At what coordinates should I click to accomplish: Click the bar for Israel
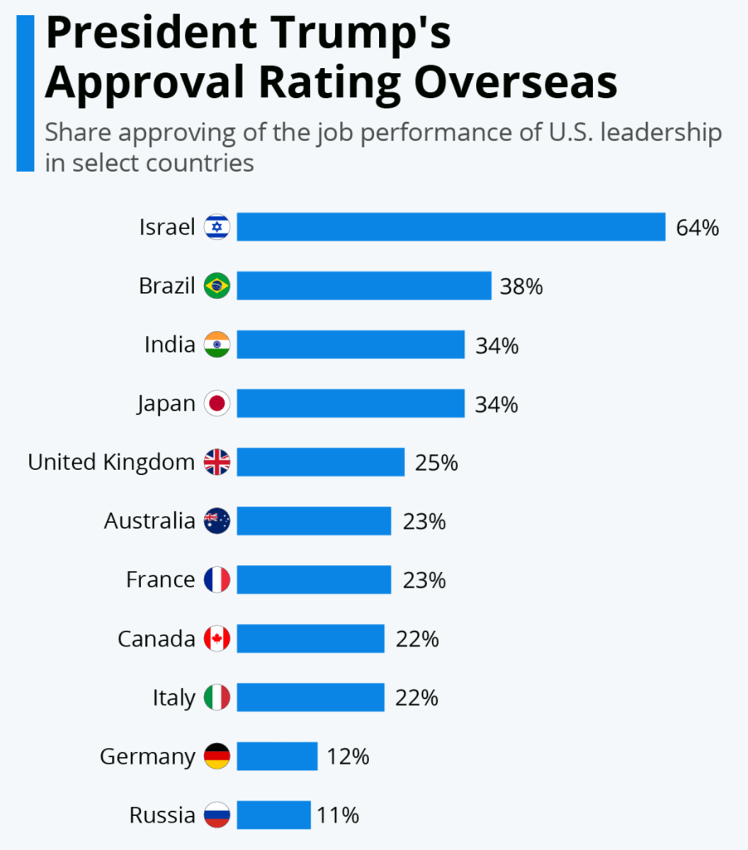tap(450, 227)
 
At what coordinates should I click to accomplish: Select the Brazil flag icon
tap(217, 286)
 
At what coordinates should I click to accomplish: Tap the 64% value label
tap(697, 228)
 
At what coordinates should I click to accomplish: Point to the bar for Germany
tap(277, 756)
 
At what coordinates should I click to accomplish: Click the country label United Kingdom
tap(111, 462)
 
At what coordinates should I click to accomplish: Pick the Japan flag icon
tap(217, 404)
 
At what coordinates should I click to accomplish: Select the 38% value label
tap(521, 287)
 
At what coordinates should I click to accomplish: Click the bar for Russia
tap(274, 815)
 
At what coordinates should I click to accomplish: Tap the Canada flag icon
tap(217, 639)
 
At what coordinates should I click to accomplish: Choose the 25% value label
tap(436, 463)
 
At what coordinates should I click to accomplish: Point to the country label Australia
tap(150, 521)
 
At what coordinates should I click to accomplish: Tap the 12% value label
tap(347, 757)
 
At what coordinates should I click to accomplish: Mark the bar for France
tap(313, 580)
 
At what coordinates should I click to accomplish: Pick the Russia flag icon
tap(217, 815)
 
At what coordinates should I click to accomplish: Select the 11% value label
tap(338, 816)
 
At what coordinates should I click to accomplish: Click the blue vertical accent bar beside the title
tap(25, 92)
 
